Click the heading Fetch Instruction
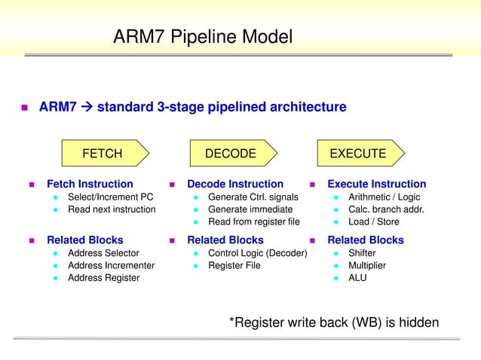pyautogui.click(x=90, y=184)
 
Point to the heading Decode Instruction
pyautogui.click(x=235, y=184)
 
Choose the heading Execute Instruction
pyautogui.click(x=376, y=184)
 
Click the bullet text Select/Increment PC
pyautogui.click(x=110, y=197)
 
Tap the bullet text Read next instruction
pyautogui.click(x=112, y=209)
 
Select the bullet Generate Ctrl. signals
pyautogui.click(x=253, y=197)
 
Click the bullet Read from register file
pyautogui.click(x=253, y=221)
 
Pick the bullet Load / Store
pyautogui.click(x=373, y=221)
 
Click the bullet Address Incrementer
pyautogui.click(x=111, y=265)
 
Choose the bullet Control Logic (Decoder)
pyautogui.click(x=257, y=253)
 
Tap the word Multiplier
pyautogui.click(x=366, y=265)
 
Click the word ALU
pyautogui.click(x=357, y=277)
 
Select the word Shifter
pyautogui.click(x=362, y=253)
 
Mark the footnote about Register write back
pyautogui.click(x=333, y=322)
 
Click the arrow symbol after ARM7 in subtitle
pyautogui.click(x=86, y=107)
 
